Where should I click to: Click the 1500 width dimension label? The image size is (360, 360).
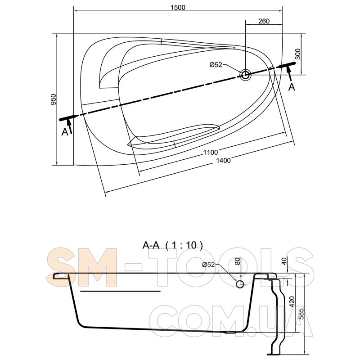(x=178, y=7)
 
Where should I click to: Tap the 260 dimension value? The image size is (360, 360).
(x=264, y=21)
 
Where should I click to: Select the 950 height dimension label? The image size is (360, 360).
(x=53, y=99)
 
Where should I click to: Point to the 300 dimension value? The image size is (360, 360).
(x=297, y=54)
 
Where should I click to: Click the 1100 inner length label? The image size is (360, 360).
(x=210, y=152)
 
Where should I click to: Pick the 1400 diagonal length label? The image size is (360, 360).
(x=223, y=160)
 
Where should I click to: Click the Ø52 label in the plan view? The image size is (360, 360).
(x=216, y=65)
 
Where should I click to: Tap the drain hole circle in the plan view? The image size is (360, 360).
(x=245, y=75)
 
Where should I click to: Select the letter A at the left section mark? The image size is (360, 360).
(x=65, y=132)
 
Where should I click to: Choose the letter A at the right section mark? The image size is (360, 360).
(x=291, y=87)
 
